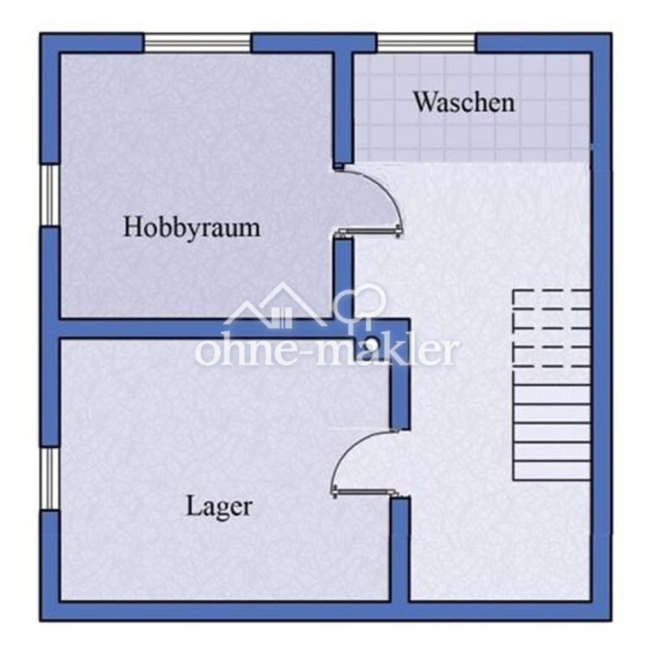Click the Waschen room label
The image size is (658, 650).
pos(464,102)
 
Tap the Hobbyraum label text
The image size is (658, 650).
pos(191,227)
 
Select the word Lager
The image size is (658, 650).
pos(219,507)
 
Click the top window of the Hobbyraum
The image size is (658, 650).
pos(197,43)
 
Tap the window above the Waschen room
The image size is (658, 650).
pos(426,43)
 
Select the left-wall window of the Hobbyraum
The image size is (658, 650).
pos(50,195)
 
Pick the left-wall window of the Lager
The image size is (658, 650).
pos(50,478)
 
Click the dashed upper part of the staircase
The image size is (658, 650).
pos(552,328)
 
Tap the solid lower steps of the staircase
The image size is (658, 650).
pos(552,432)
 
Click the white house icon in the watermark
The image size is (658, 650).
pos(275,305)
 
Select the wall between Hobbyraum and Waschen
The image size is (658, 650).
pos(343,110)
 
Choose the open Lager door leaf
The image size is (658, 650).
pos(364,491)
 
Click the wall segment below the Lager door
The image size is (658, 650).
pos(400,550)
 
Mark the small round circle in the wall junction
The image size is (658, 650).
pos(371,343)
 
